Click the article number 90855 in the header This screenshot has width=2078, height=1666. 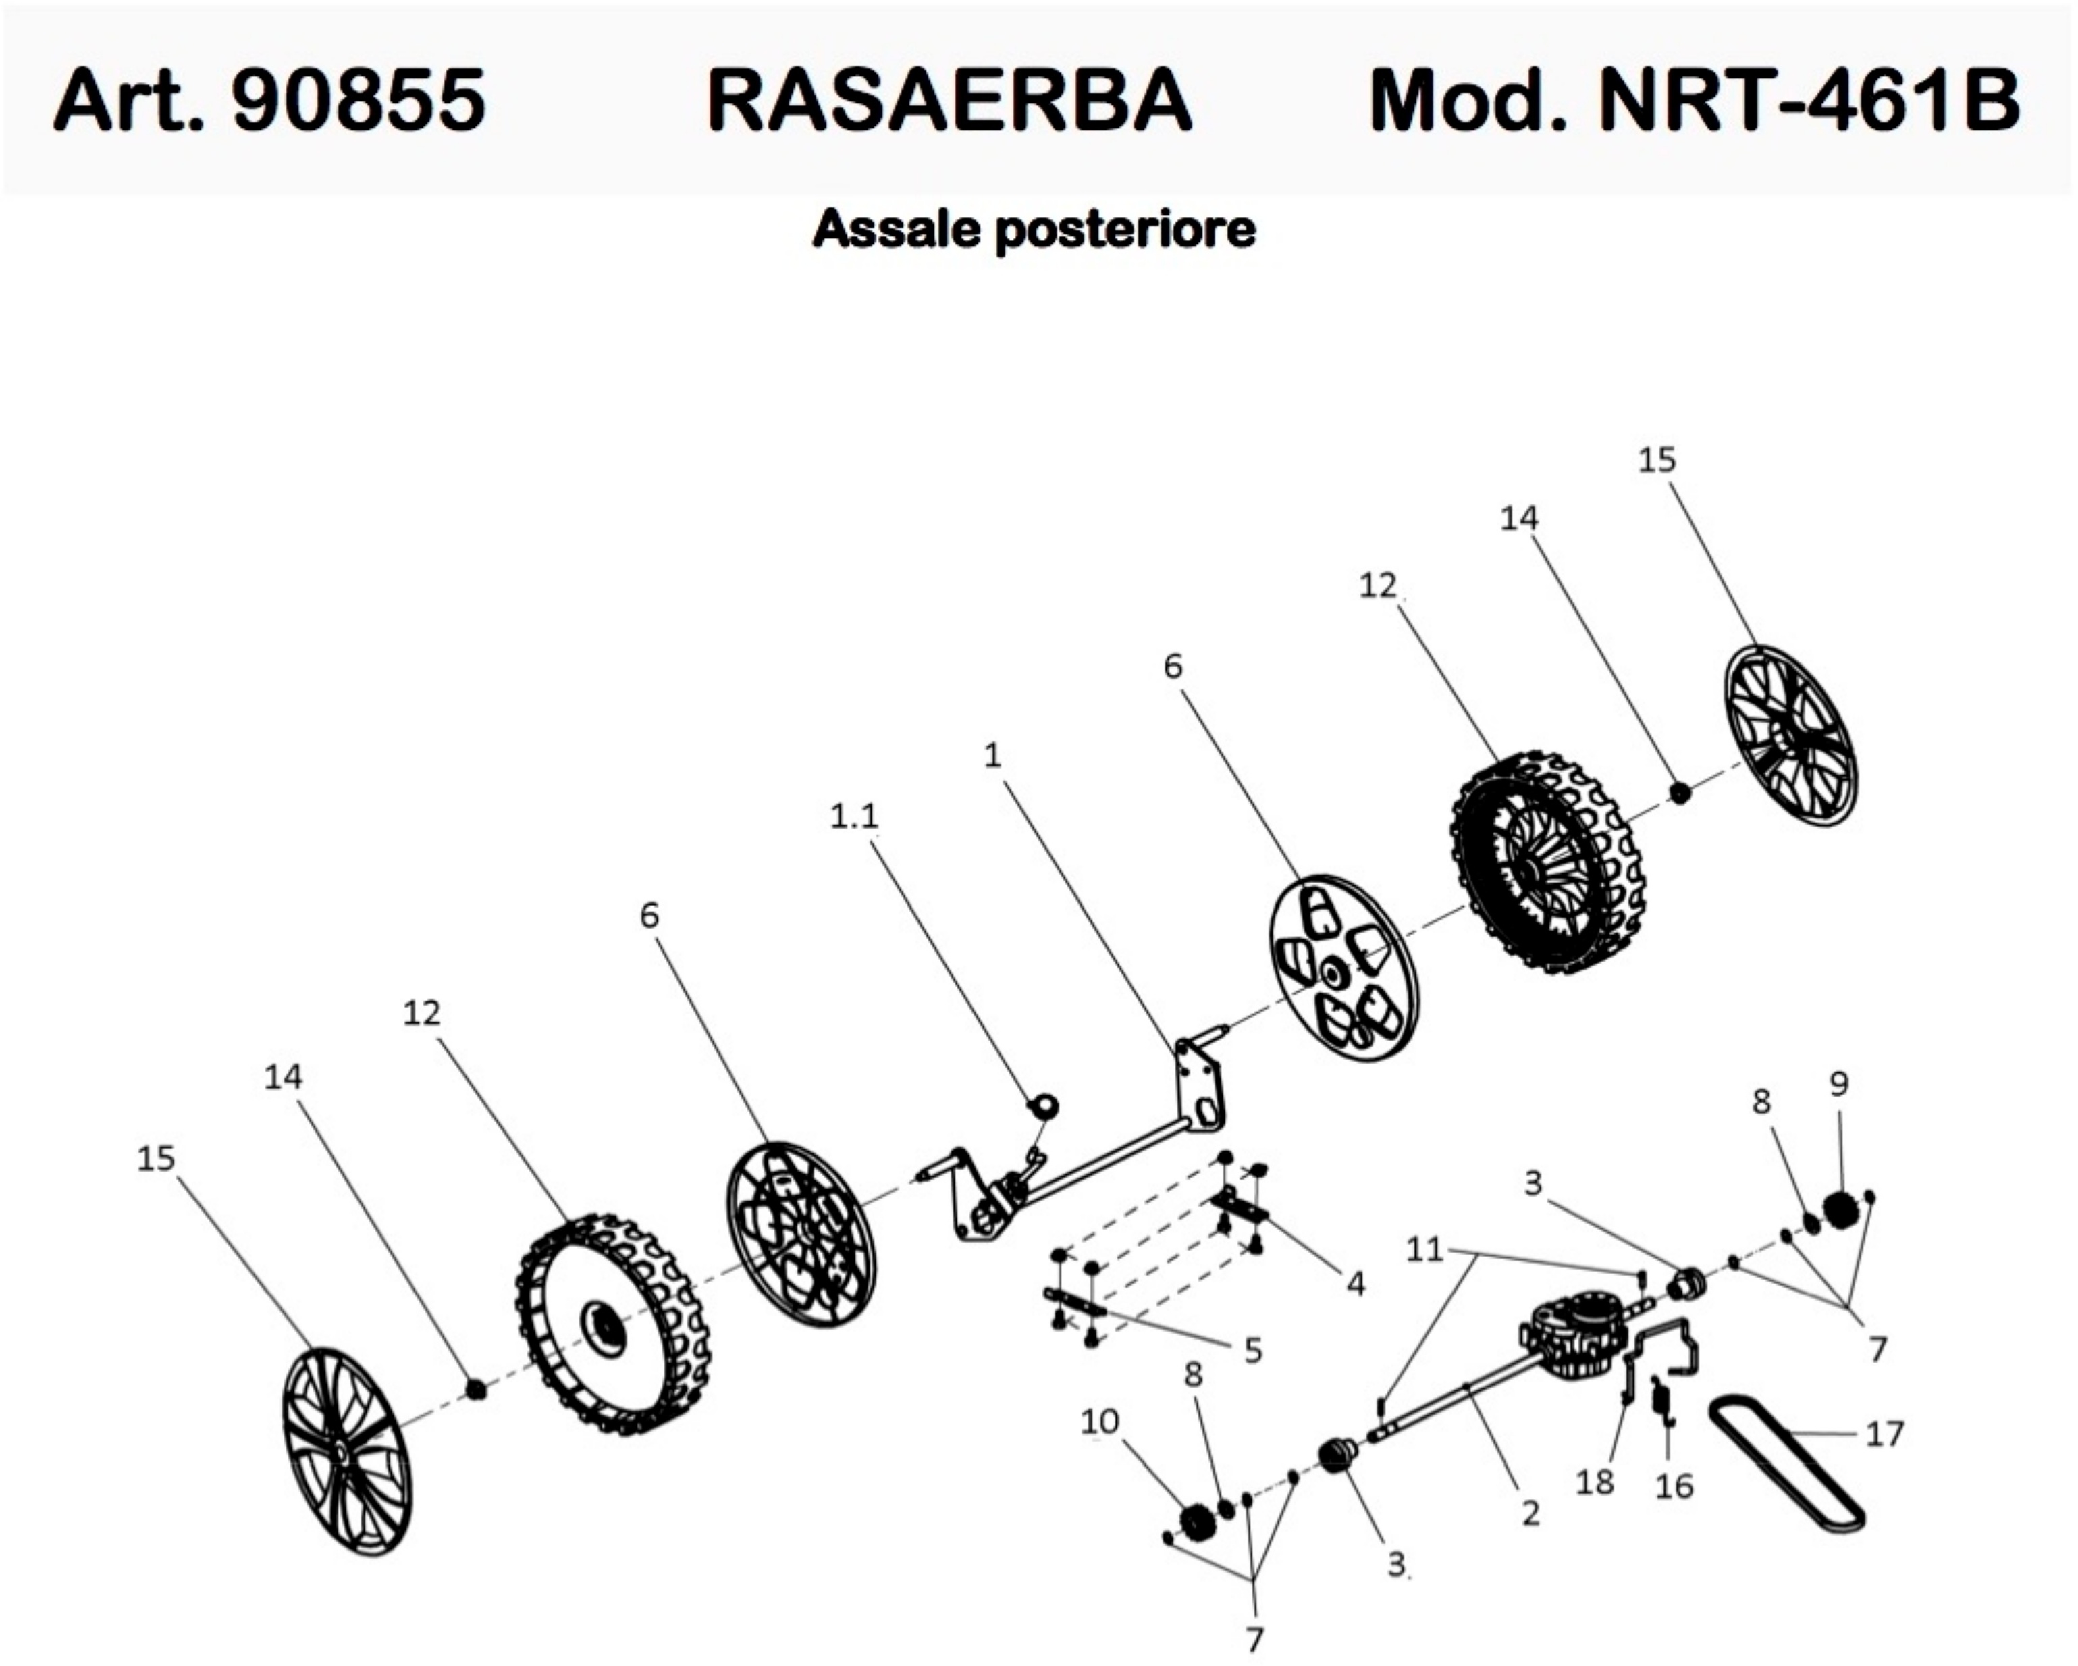pyautogui.click(x=358, y=100)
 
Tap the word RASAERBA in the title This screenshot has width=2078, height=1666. pyautogui.click(x=949, y=100)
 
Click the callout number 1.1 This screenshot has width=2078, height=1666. pyautogui.click(x=854, y=816)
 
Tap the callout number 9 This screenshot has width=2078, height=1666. pyautogui.click(x=1839, y=1085)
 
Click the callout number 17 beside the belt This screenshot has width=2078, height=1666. pyautogui.click(x=1885, y=1434)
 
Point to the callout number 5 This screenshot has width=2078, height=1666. pyautogui.click(x=1253, y=1351)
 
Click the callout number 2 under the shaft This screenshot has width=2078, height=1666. pyautogui.click(x=1530, y=1512)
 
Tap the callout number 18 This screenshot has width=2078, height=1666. pyautogui.click(x=1594, y=1482)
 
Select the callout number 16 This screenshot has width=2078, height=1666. pyautogui.click(x=1674, y=1486)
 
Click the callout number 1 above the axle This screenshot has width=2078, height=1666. pyautogui.click(x=992, y=756)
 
